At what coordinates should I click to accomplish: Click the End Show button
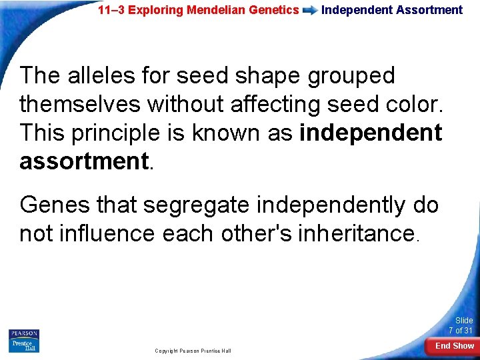[x=454, y=346]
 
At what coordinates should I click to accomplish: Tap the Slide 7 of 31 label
[x=460, y=325]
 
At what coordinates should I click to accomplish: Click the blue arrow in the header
[x=310, y=11]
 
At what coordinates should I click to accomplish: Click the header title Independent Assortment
[x=391, y=10]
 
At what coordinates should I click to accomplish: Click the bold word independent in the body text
[x=371, y=133]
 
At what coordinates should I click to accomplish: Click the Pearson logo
[x=24, y=333]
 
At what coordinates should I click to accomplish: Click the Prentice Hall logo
[x=24, y=345]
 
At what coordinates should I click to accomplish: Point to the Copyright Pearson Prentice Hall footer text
[x=193, y=351]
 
